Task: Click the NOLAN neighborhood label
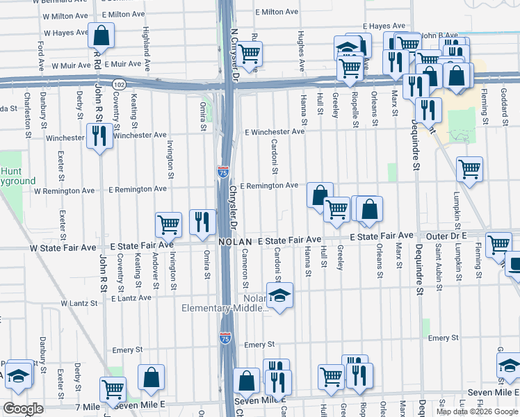pyautogui.click(x=235, y=242)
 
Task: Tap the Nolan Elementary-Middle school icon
pyautogui.click(x=279, y=297)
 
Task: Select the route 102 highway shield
pyautogui.click(x=119, y=83)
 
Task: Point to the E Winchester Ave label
pyautogui.click(x=275, y=131)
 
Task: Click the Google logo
pyautogui.click(x=23, y=409)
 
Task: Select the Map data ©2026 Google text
pyautogui.click(x=476, y=411)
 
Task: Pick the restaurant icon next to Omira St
pyautogui.click(x=202, y=222)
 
